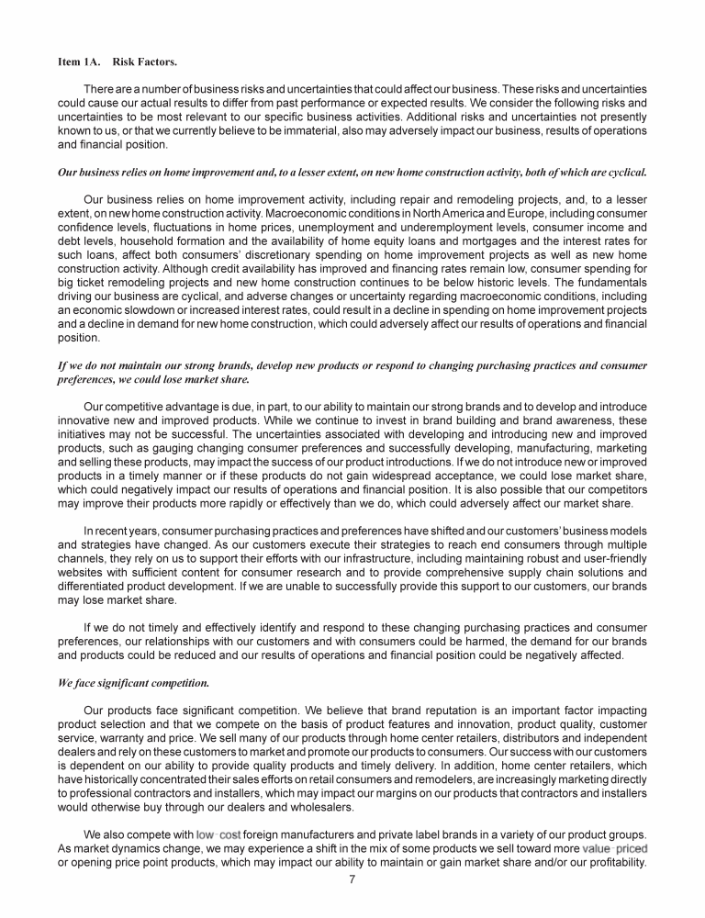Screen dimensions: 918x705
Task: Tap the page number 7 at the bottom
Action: coord(352,879)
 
